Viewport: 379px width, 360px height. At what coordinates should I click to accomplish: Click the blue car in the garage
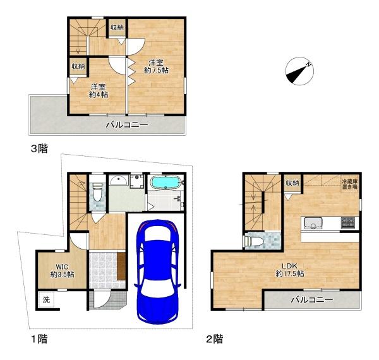click(157, 272)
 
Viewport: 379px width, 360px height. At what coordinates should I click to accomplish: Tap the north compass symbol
click(299, 71)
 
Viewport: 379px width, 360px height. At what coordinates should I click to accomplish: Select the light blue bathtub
click(165, 182)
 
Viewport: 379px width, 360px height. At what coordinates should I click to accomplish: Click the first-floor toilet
click(97, 191)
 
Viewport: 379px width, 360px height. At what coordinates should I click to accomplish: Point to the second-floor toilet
click(252, 241)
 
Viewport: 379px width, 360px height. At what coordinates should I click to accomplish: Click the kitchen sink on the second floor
click(313, 223)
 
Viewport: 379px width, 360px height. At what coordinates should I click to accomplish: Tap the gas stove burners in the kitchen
click(348, 222)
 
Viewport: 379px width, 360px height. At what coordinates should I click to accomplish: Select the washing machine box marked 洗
click(46, 300)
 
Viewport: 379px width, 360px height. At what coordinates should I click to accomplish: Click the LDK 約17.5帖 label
click(290, 270)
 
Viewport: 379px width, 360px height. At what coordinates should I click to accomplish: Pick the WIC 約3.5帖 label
click(62, 270)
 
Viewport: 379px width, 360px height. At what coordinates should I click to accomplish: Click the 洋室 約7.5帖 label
click(156, 66)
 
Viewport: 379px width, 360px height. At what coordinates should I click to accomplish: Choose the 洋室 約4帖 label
click(99, 91)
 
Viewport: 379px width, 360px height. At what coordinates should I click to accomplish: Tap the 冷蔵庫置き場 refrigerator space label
click(349, 184)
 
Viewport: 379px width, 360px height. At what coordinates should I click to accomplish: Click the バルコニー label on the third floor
click(127, 125)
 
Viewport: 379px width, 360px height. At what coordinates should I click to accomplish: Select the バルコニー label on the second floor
click(312, 300)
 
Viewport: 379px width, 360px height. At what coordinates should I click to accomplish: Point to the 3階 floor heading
click(39, 148)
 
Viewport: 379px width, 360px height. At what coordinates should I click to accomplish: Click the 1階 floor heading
click(39, 339)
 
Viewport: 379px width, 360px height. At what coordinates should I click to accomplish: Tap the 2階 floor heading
click(214, 339)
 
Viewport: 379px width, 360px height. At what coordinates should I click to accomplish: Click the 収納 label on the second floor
click(292, 183)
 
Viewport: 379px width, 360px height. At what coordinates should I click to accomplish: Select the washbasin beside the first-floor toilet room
click(119, 180)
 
